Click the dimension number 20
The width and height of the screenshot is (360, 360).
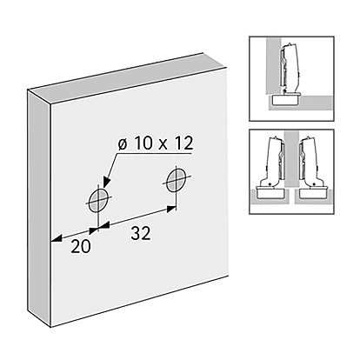[81, 247]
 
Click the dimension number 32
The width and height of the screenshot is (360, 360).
[141, 234]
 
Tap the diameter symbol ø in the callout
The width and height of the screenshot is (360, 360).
[123, 143]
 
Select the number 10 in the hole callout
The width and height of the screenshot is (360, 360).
[143, 143]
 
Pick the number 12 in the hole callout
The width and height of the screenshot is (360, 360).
[183, 143]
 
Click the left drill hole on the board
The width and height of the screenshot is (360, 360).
[98, 200]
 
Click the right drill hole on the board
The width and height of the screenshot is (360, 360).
[176, 180]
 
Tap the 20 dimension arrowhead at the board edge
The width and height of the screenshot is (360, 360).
[56, 238]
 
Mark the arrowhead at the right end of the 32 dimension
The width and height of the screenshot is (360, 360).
[171, 208]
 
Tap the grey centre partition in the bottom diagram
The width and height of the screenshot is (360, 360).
[291, 158]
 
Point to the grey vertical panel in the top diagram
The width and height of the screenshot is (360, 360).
[272, 65]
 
